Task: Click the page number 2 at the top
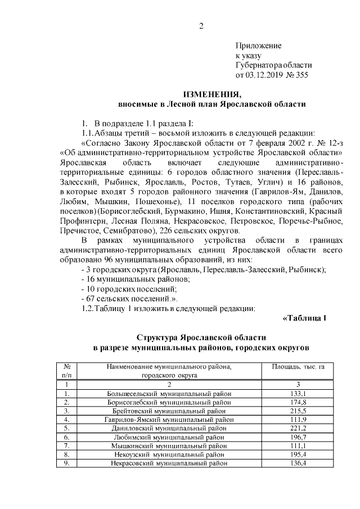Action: click(201, 25)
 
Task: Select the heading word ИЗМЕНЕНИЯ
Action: click(211, 94)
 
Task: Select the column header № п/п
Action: click(66, 370)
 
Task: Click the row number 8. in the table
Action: click(66, 454)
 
